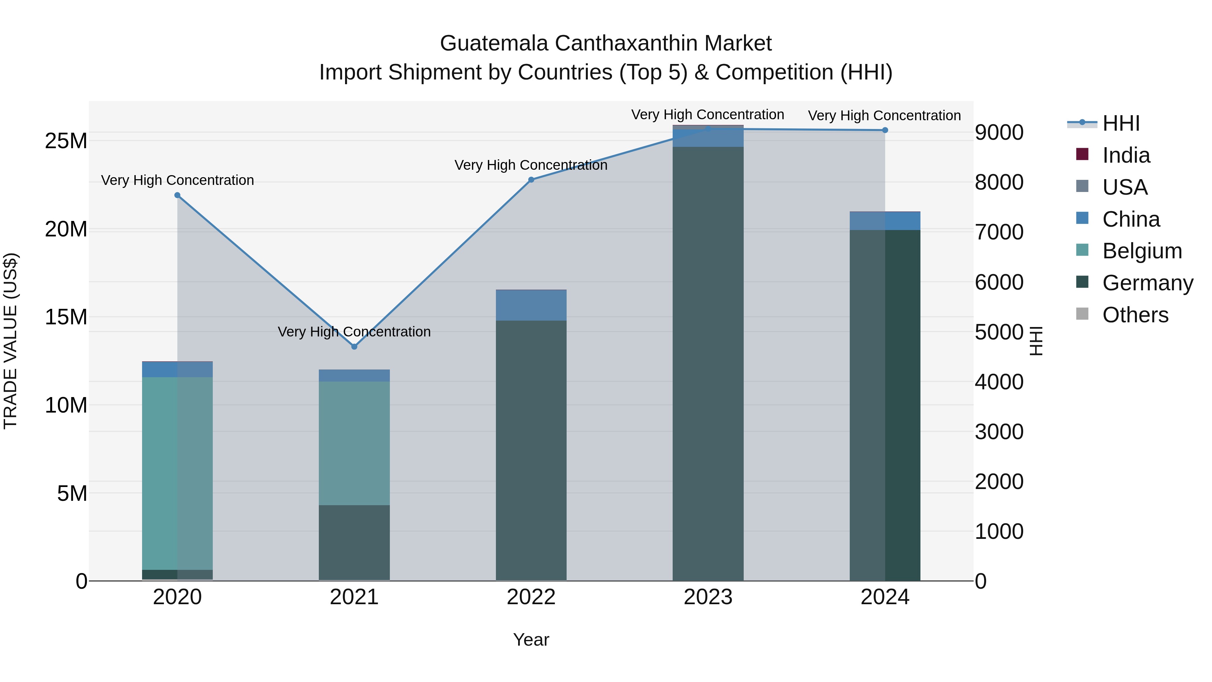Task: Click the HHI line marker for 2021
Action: point(354,347)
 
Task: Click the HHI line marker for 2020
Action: point(177,195)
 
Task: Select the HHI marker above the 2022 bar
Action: point(531,180)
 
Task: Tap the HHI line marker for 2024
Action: point(885,130)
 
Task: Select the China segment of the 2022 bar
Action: point(531,305)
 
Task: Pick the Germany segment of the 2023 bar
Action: point(708,362)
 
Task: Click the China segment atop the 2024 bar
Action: point(885,221)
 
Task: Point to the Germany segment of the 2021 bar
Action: point(354,542)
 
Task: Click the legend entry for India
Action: point(1126,155)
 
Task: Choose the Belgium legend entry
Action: point(1142,251)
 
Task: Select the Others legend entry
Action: point(1135,315)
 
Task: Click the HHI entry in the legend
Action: point(1121,123)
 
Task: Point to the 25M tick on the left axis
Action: point(66,141)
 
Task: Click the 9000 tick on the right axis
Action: point(999,132)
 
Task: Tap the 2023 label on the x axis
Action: point(708,597)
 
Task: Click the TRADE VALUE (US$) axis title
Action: point(10,341)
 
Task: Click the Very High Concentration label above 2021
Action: point(354,332)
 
